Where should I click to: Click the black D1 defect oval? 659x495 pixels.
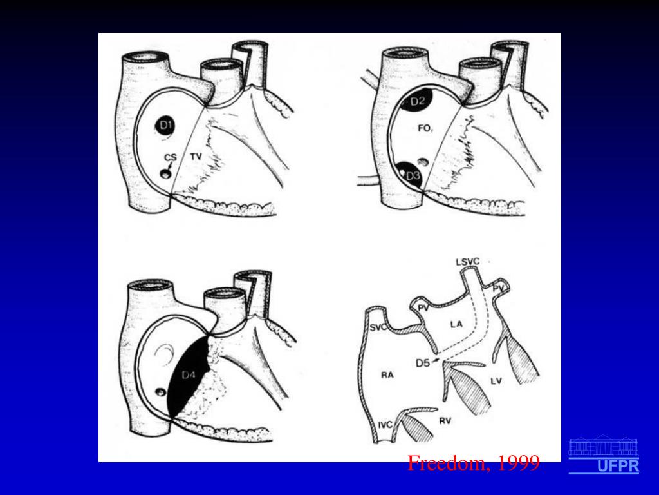click(x=166, y=125)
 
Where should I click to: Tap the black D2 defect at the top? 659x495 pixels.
click(x=416, y=102)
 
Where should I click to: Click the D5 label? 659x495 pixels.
click(x=423, y=363)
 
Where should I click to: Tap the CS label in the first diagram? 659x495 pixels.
click(x=170, y=157)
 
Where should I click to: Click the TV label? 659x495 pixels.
click(x=196, y=157)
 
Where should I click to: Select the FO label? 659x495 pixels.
click(x=425, y=129)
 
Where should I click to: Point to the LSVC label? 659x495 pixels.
click(x=468, y=261)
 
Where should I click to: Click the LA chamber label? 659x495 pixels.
click(x=456, y=325)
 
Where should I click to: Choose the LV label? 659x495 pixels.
click(x=496, y=382)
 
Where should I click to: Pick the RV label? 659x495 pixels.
click(x=445, y=421)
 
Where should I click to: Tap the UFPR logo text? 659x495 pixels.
click(x=618, y=467)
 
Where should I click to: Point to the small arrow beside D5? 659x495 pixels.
click(x=438, y=362)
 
